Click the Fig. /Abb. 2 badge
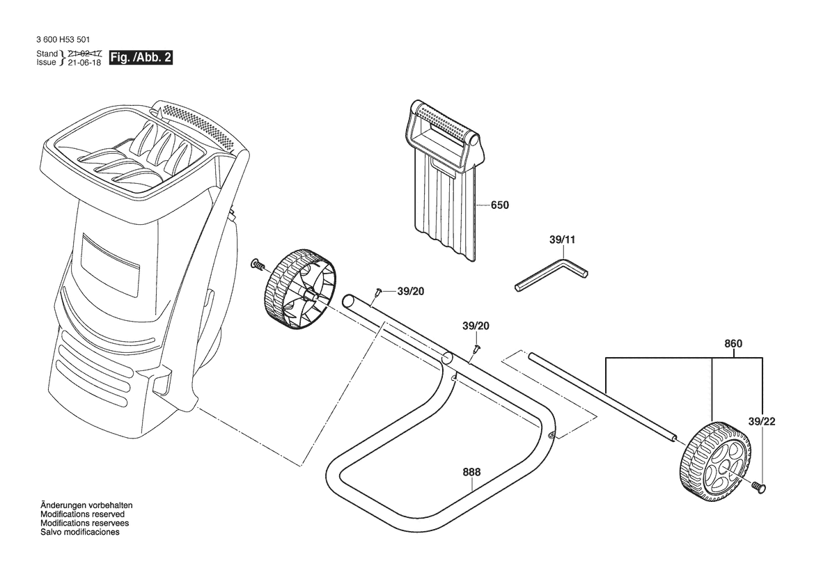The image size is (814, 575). point(140,57)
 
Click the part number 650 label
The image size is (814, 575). point(500,205)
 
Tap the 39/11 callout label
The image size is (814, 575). point(562,239)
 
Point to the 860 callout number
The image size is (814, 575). point(733,344)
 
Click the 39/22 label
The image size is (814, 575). point(762,421)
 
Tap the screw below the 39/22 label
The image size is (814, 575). point(760,487)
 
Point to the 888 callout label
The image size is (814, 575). point(471,472)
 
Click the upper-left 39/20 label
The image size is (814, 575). point(411,292)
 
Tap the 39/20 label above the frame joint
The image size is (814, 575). point(476,326)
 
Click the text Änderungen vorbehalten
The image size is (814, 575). point(86,505)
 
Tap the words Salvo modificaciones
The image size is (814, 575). point(80,532)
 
